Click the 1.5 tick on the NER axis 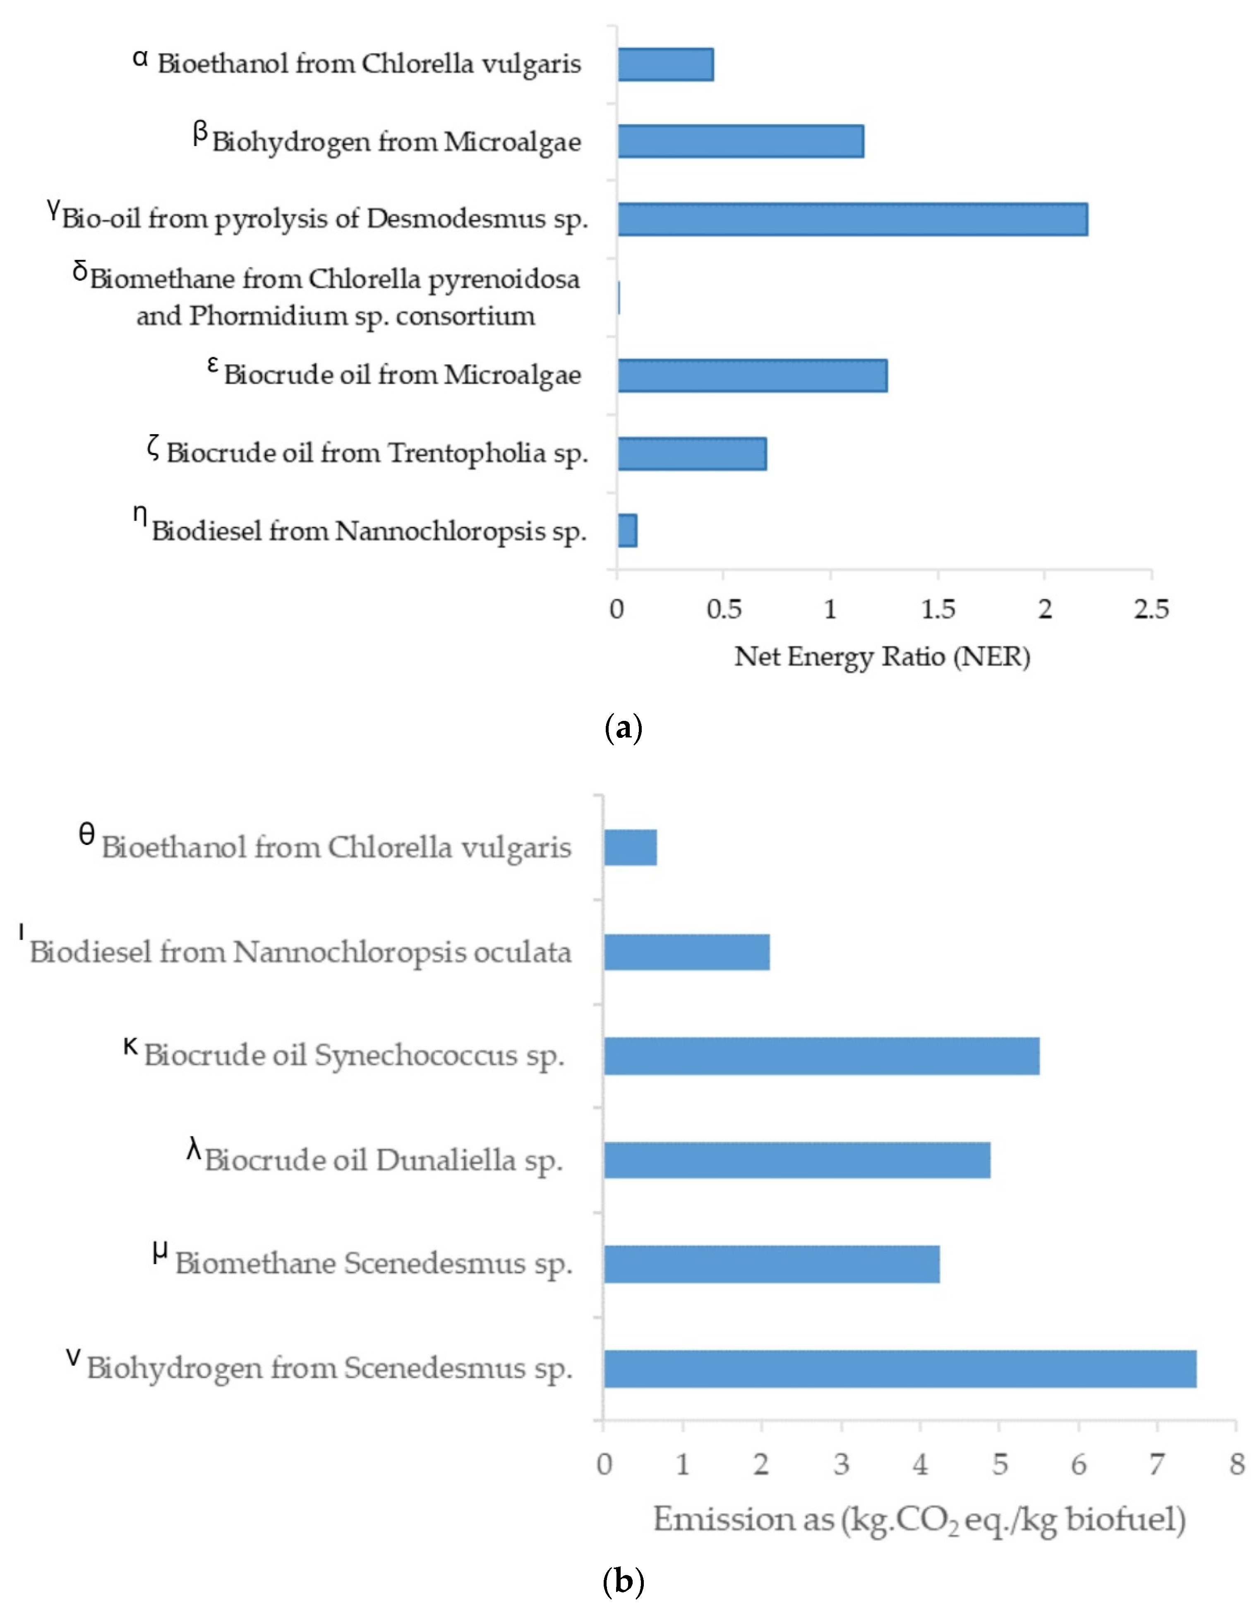pyautogui.click(x=938, y=609)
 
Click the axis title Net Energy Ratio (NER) pyautogui.click(x=882, y=656)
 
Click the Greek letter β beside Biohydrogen pyautogui.click(x=200, y=134)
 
